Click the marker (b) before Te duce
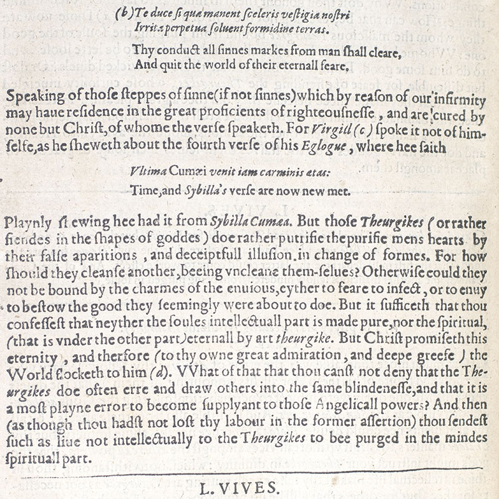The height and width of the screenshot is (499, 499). pos(123,12)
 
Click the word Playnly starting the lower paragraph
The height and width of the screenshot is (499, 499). pos(23,221)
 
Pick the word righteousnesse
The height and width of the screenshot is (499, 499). pos(326,117)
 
